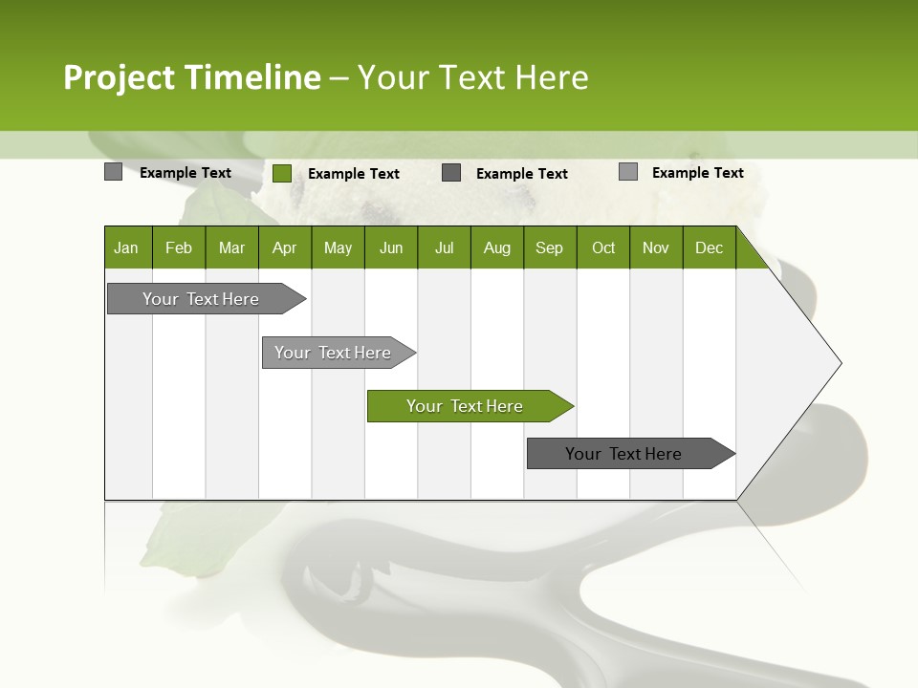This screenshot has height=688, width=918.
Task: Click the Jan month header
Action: tap(126, 247)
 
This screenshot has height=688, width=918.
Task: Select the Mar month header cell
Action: tap(231, 247)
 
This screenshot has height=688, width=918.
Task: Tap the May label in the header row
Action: tap(338, 247)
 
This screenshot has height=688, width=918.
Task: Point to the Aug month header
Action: tap(496, 247)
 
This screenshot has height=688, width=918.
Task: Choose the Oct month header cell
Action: tap(603, 247)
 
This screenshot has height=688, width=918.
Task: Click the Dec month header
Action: tap(709, 247)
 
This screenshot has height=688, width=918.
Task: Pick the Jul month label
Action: tap(444, 247)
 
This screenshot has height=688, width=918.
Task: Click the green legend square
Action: tap(281, 173)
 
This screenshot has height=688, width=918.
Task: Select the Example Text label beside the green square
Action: tap(354, 174)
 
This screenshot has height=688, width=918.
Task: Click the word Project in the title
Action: tap(120, 77)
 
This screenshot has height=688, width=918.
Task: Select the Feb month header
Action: tap(179, 247)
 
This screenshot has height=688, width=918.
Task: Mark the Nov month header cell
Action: tap(656, 247)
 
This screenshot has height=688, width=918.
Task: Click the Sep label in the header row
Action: tap(549, 247)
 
